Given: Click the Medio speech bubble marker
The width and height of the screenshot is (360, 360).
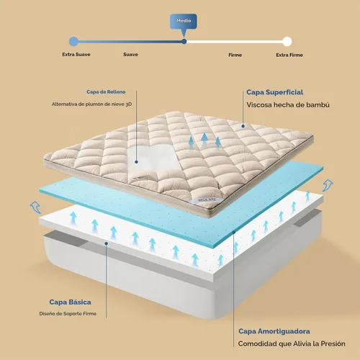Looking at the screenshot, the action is [184, 22].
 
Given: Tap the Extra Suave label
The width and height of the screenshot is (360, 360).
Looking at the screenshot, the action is [76, 55].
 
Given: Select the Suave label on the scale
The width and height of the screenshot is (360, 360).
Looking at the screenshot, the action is [130, 55].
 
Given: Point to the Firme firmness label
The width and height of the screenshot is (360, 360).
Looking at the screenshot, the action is [235, 55].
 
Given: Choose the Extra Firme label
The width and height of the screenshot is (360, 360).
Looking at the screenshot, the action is [289, 55].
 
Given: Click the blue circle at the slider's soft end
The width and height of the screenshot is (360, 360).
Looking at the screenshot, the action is [73, 42].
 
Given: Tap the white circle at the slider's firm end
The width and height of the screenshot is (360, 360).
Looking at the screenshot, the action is [287, 41].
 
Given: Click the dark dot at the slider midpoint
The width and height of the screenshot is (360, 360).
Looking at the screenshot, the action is [184, 42].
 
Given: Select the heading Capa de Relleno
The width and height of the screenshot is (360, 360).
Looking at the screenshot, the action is [106, 92].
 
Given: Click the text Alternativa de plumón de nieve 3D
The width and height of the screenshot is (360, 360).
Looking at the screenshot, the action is [91, 104].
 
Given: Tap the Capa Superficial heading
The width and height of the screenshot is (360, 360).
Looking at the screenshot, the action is [275, 92].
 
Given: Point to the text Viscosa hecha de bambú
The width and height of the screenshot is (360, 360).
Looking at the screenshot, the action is [288, 105].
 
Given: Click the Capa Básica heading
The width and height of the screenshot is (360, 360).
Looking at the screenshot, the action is [70, 302].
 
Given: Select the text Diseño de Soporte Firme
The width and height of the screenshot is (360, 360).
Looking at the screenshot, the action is [68, 313].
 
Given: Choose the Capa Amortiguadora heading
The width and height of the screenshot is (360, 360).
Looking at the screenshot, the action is [274, 331].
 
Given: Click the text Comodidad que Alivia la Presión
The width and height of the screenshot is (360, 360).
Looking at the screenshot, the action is [292, 343].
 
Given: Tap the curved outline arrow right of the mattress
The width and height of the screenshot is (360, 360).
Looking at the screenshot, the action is [328, 185].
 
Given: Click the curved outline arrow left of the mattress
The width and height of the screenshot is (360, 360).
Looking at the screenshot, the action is [35, 207].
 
